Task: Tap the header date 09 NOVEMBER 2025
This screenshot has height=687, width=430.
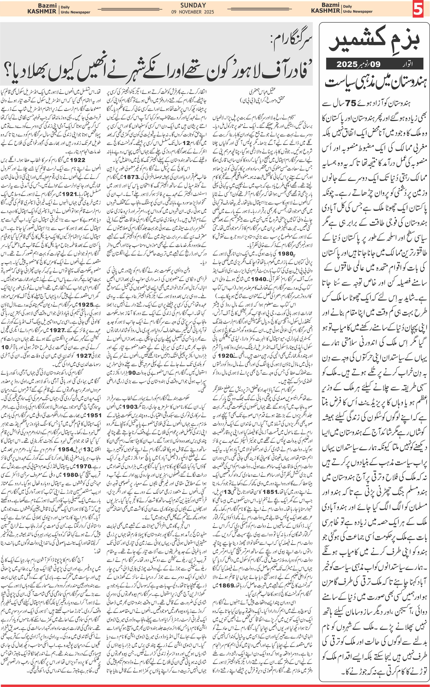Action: pos(193,12)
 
